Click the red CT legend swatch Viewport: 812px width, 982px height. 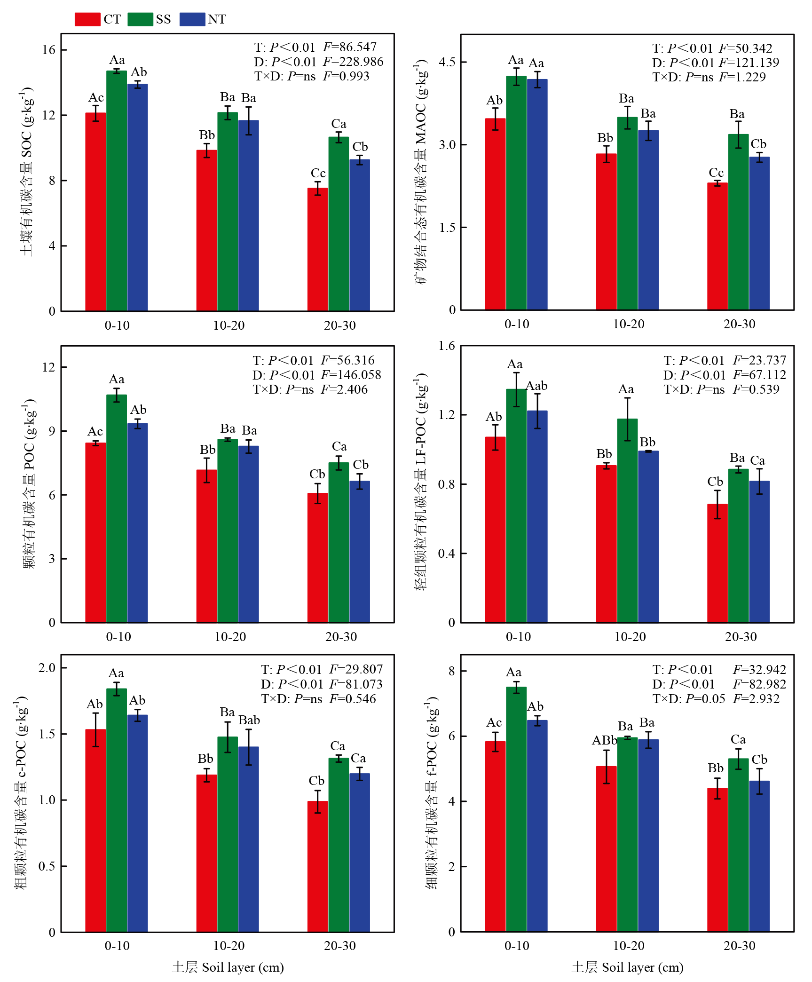(x=87, y=19)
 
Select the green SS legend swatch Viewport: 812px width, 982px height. (x=140, y=19)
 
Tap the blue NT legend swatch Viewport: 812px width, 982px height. (x=192, y=19)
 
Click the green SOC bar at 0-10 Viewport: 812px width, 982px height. (x=117, y=191)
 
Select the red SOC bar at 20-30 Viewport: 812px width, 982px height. (x=318, y=249)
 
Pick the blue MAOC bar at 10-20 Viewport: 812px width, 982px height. (x=648, y=220)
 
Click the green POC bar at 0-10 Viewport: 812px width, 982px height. (x=117, y=508)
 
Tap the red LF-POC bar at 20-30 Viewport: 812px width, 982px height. (x=717, y=563)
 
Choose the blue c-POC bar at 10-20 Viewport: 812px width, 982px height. (x=248, y=839)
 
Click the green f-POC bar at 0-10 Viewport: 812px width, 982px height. (x=516, y=809)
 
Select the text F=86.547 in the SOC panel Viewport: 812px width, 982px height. (x=350, y=47)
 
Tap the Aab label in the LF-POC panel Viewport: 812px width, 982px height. (x=536, y=386)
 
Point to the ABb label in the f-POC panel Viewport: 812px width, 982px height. (x=605, y=740)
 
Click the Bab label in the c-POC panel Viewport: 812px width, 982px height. (x=249, y=720)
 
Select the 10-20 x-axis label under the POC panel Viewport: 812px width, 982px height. (x=230, y=637)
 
